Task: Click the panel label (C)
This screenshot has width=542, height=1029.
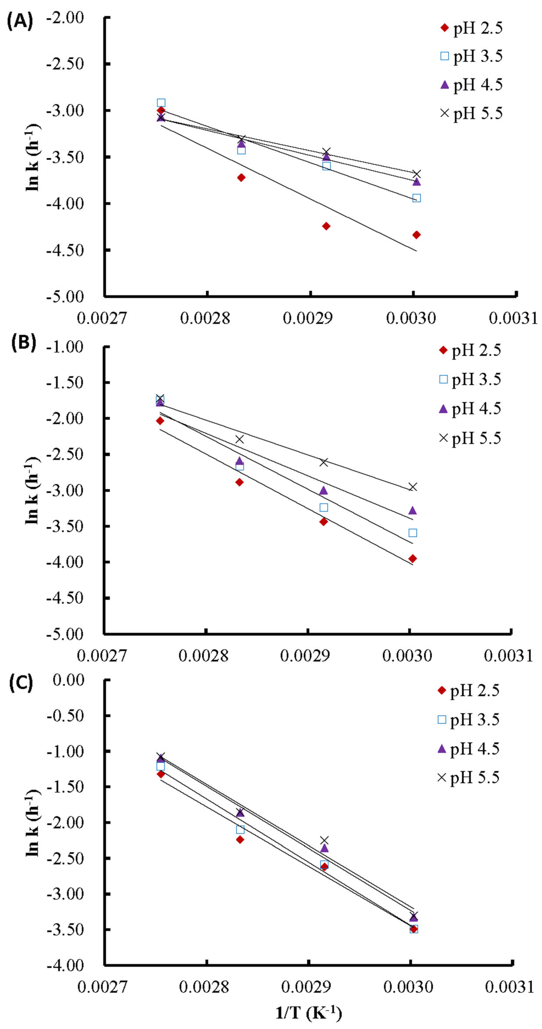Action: coord(21,683)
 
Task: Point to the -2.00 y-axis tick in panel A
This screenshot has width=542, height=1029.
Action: coord(65,18)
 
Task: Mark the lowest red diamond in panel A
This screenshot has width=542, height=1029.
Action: coord(416,235)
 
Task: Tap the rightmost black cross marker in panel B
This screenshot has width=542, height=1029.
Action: coord(413,486)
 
